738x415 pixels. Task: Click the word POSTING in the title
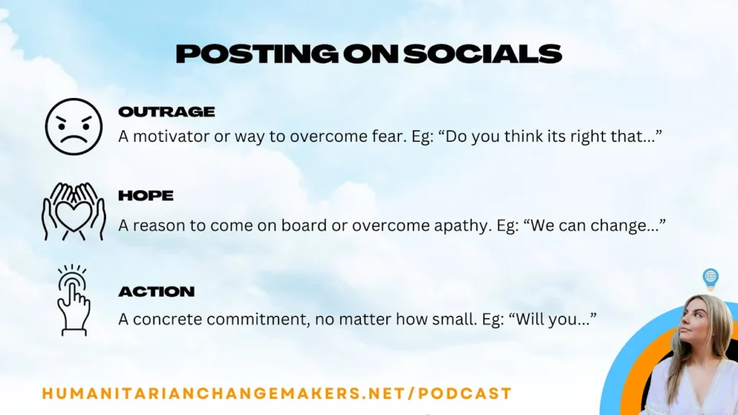point(257,54)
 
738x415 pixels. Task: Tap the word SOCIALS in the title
point(482,54)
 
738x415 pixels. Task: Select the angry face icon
point(74,127)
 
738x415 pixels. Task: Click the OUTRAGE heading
point(166,112)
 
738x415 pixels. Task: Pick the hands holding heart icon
point(74,211)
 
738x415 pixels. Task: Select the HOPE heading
point(146,196)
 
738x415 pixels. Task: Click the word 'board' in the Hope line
point(303,226)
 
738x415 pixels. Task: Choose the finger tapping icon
point(74,300)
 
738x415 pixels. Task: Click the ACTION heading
point(156,292)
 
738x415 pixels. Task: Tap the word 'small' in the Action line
point(457,319)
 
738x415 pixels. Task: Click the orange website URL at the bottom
point(277,393)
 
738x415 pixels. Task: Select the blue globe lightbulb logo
point(710,280)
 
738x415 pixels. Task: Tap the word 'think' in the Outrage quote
point(521,136)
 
